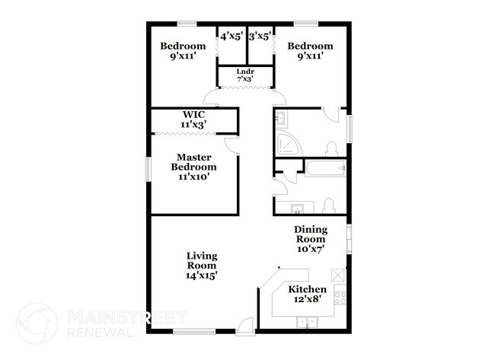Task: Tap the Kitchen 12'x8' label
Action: point(307,295)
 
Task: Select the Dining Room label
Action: point(310,238)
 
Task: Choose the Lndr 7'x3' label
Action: point(244,75)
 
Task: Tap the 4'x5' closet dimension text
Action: point(231,34)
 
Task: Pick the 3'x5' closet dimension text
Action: point(260,34)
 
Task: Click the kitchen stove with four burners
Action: point(340,294)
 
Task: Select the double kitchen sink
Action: point(307,322)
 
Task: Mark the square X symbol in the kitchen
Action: point(339,275)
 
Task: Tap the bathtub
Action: point(324,168)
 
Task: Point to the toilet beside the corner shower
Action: point(331,148)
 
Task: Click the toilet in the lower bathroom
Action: point(328,205)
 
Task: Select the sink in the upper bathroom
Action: point(279,119)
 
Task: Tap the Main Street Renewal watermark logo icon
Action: point(36,322)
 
